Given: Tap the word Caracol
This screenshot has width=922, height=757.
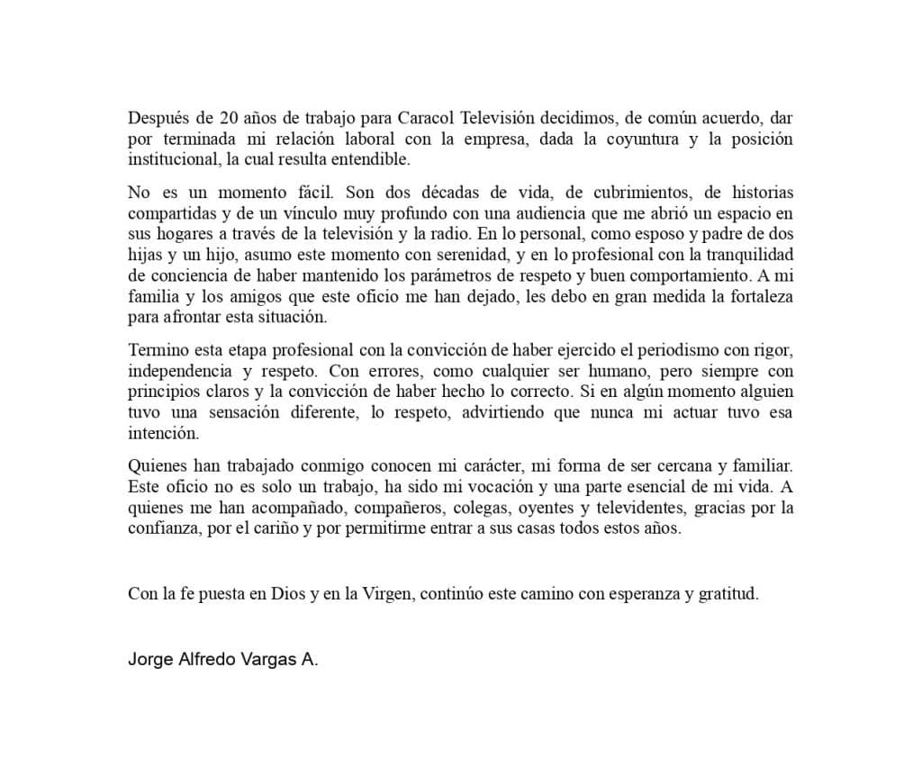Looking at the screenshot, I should (426, 118).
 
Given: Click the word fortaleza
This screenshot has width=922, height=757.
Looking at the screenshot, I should (757, 296).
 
